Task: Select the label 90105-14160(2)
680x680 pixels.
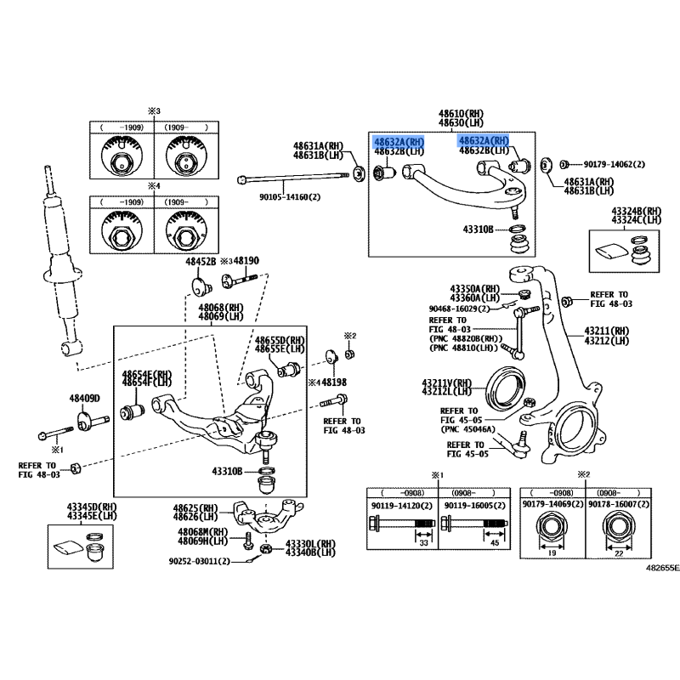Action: pyautogui.click(x=292, y=195)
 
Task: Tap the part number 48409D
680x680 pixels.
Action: pyautogui.click(x=85, y=398)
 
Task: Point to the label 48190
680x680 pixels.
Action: pyautogui.click(x=246, y=261)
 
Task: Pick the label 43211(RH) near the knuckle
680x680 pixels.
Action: pyautogui.click(x=607, y=331)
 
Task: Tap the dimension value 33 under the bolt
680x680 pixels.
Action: pyautogui.click(x=422, y=541)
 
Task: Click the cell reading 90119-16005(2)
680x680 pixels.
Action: pyautogui.click(x=474, y=505)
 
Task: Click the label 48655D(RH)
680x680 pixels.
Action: pyautogui.click(x=280, y=339)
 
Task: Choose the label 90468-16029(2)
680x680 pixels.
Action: pyautogui.click(x=460, y=309)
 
